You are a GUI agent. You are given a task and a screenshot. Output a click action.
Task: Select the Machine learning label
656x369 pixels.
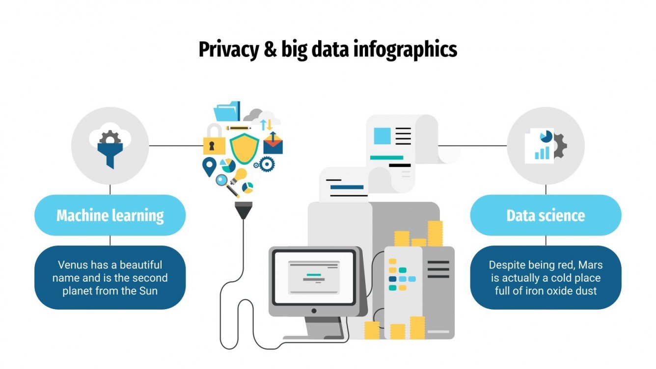click(x=110, y=215)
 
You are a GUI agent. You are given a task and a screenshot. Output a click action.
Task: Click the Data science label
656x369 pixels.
click(x=546, y=215)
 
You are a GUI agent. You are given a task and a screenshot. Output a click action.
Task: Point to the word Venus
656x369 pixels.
click(x=72, y=265)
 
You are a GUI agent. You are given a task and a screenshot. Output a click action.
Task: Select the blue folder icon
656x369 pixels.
click(x=227, y=112)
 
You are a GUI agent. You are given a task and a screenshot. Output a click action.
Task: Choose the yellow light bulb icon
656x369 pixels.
click(x=240, y=175)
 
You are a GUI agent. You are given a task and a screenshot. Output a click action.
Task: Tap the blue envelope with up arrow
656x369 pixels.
click(x=273, y=144)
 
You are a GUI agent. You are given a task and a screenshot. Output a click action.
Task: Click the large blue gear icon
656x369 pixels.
click(x=267, y=164)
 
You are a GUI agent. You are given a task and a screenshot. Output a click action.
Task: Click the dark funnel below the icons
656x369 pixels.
click(x=244, y=210)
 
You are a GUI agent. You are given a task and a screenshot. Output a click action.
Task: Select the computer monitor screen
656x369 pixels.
click(x=314, y=277)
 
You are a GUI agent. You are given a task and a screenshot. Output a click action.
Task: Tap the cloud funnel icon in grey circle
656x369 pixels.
click(x=109, y=145)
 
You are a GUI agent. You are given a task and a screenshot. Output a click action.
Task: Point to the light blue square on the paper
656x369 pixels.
click(x=382, y=135)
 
